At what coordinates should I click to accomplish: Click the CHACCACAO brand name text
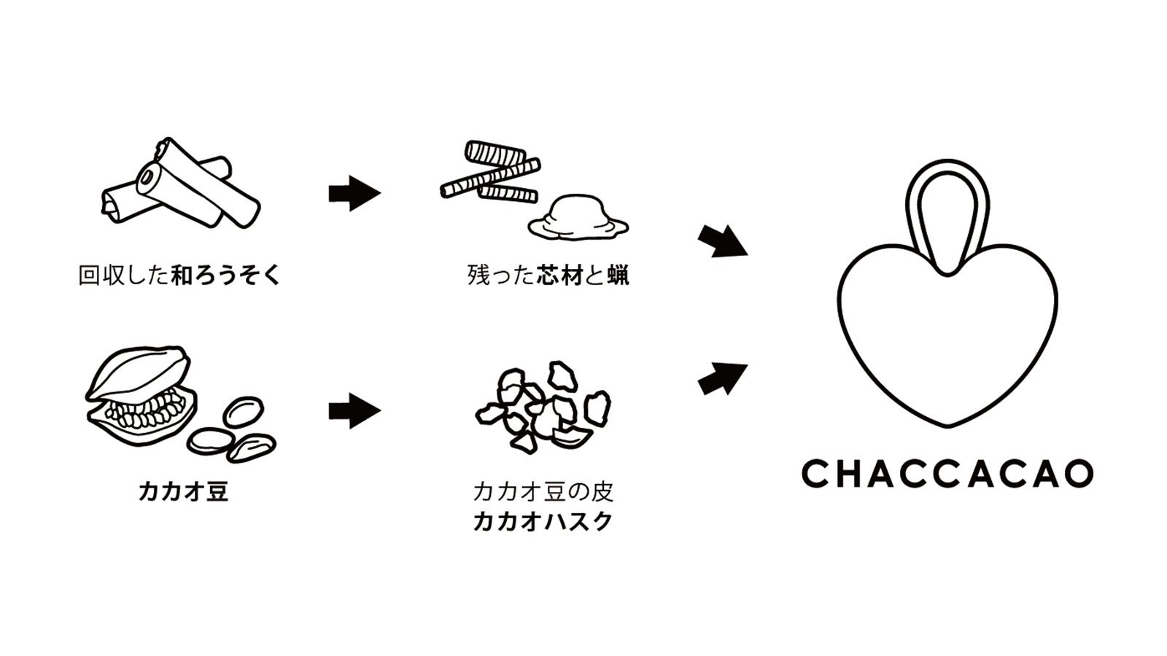point(947,474)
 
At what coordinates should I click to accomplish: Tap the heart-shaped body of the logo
point(947,343)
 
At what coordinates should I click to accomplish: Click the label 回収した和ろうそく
point(179,276)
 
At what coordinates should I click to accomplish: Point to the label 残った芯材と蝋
point(548,276)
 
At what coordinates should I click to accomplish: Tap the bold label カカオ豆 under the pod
point(183,491)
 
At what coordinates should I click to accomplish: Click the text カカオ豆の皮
point(543,491)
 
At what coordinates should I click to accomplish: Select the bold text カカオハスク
point(543,522)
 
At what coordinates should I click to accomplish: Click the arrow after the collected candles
point(354,193)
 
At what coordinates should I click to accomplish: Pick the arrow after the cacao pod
point(354,411)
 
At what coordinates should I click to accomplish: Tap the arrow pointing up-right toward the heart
point(722,378)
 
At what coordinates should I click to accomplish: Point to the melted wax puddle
point(578,219)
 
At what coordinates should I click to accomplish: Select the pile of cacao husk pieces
point(543,405)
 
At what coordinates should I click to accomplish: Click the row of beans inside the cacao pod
point(142,410)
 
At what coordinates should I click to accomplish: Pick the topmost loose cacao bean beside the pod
point(243,412)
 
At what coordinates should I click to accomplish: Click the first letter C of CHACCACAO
point(814,474)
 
